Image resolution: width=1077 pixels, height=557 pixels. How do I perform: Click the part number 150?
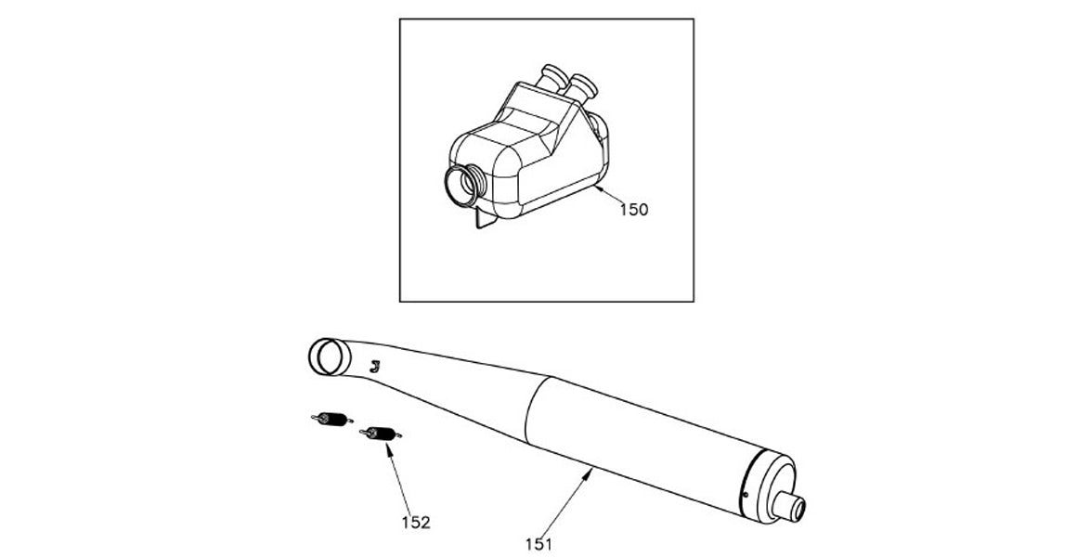tap(633, 210)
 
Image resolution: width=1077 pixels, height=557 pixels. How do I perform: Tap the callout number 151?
tap(538, 545)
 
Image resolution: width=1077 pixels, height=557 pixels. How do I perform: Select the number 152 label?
tap(416, 523)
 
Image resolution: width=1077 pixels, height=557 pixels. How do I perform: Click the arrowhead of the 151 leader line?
tap(591, 472)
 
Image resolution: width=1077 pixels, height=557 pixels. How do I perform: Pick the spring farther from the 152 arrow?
tap(331, 420)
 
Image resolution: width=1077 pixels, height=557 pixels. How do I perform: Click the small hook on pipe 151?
tap(374, 366)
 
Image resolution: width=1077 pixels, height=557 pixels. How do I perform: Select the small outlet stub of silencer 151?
tap(794, 509)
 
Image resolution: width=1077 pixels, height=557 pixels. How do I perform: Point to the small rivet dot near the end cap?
tap(745, 497)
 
